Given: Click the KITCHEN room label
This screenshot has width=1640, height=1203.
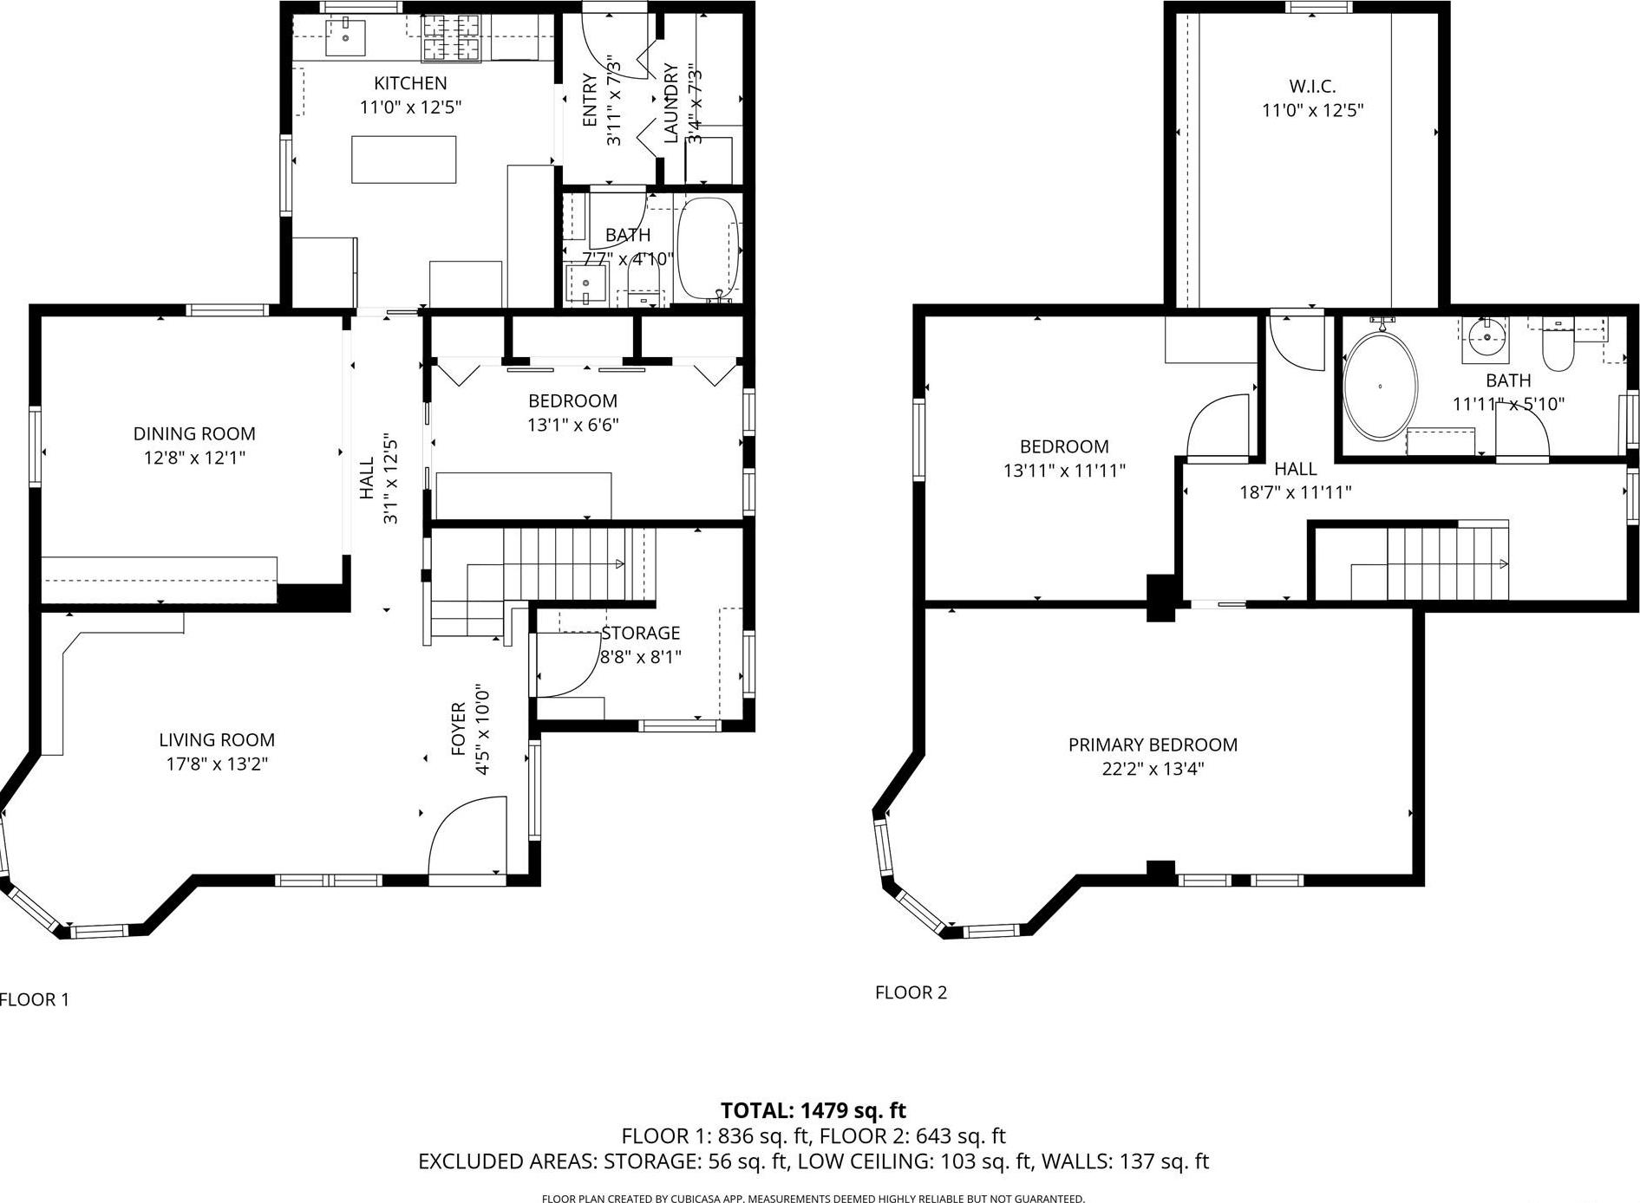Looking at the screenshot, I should click(x=410, y=83).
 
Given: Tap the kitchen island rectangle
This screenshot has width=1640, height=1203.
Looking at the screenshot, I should click(x=403, y=159).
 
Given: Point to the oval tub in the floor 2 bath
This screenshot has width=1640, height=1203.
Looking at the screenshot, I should click(x=1380, y=387).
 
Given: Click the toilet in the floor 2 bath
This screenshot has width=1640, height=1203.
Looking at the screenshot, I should click(x=1558, y=350).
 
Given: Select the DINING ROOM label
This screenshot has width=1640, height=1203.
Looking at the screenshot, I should click(x=194, y=433).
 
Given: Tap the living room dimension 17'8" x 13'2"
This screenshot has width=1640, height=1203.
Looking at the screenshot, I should click(x=217, y=764).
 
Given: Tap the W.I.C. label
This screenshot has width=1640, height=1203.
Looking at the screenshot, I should click(x=1311, y=86).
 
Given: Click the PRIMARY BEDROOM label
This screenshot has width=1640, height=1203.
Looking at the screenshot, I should click(x=1153, y=745).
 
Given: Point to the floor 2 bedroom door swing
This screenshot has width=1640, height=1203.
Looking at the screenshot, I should click(x=1218, y=425).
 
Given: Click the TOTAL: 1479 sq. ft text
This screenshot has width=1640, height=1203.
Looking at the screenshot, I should click(x=813, y=1110).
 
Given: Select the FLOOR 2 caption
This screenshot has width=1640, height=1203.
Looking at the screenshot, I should click(x=911, y=992).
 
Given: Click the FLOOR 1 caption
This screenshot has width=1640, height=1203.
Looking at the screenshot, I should click(x=35, y=999).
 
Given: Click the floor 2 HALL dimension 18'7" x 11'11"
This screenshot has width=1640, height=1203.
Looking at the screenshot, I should click(x=1295, y=492).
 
